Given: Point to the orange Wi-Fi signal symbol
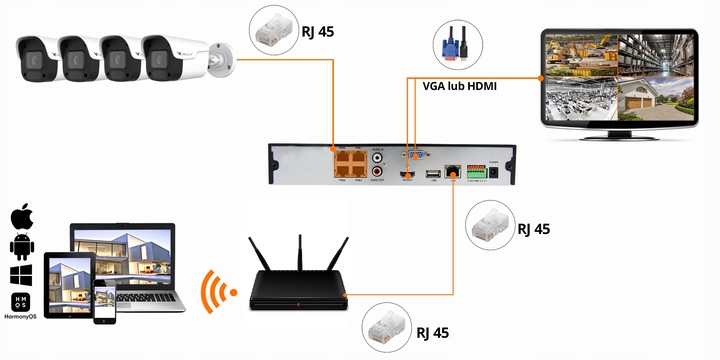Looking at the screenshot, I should point(218,289).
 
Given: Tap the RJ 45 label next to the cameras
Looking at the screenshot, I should point(318,32).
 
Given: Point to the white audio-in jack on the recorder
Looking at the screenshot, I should point(378,157).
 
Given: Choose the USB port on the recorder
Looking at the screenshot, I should point(432,175).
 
